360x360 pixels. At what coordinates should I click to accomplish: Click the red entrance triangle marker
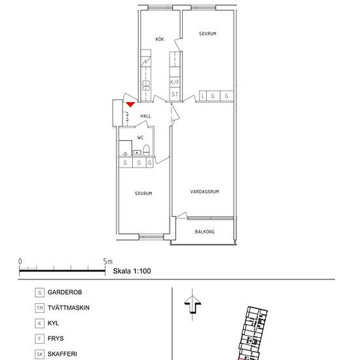point(130,105)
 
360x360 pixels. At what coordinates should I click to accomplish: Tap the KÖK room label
point(160,39)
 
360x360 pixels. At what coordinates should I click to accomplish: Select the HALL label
point(145,116)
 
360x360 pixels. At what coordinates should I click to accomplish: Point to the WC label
point(140,137)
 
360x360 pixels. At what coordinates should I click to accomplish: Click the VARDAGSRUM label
point(204,192)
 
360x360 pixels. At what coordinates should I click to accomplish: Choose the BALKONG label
point(205,232)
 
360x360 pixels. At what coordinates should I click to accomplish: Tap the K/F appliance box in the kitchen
point(175,82)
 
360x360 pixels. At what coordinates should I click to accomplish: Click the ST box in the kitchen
point(175,94)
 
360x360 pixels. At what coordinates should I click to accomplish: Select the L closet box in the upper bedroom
point(203,96)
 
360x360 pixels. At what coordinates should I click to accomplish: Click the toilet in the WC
point(147,150)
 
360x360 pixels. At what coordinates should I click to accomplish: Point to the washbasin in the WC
point(137,153)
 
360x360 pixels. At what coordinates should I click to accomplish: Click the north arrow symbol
point(192,304)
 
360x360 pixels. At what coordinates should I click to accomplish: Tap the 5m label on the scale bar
point(107,262)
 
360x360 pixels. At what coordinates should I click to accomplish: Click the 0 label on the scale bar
point(20,262)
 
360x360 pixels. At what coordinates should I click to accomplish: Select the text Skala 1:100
point(132,271)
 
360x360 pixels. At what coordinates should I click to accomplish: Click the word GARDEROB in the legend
point(65,293)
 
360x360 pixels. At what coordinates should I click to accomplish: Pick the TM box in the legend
point(39,308)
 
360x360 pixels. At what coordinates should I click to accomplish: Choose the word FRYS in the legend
point(56,338)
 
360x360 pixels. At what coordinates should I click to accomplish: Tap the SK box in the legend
point(39,354)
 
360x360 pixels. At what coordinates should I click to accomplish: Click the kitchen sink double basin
point(146,85)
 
